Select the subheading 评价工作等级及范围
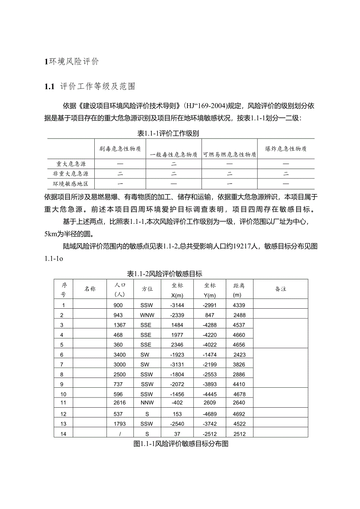[x=97, y=87]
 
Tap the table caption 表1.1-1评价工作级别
[x=168, y=133]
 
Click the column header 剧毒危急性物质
[x=120, y=149]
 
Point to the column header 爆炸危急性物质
[x=286, y=149]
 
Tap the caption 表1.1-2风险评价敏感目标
[x=165, y=273]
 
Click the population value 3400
[x=118, y=354]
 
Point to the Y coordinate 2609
[x=210, y=403]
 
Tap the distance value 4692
[x=239, y=414]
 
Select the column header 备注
[x=281, y=289]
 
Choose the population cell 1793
[x=118, y=424]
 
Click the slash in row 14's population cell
[x=118, y=433]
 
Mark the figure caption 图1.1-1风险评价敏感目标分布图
[x=180, y=444]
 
